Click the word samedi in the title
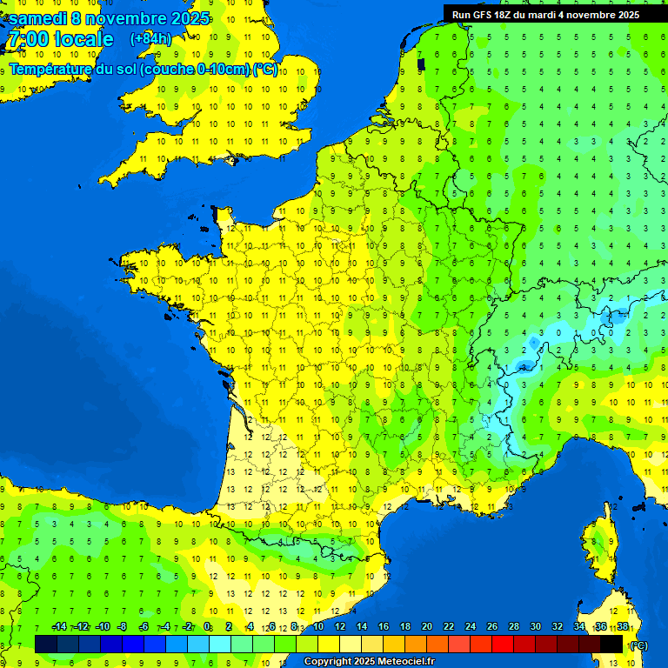[x=40, y=18]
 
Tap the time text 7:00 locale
[x=60, y=39]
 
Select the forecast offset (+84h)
[x=150, y=38]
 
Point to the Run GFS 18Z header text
[x=483, y=14]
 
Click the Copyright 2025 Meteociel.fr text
[x=369, y=662]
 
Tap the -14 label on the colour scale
[x=59, y=627]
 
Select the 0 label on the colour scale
[x=207, y=627]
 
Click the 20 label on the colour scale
[x=426, y=627]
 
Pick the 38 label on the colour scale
[x=622, y=627]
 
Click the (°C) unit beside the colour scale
[x=638, y=645]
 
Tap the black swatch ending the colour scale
[x=611, y=644]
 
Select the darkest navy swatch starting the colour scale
[x=46, y=644]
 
